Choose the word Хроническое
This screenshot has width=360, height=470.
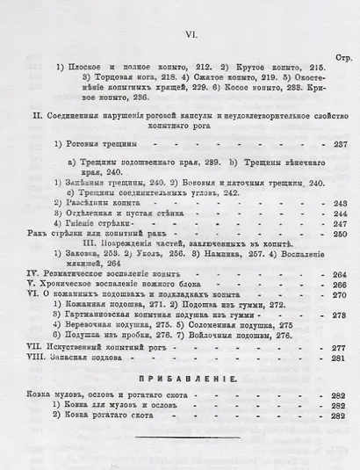click(69, 285)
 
